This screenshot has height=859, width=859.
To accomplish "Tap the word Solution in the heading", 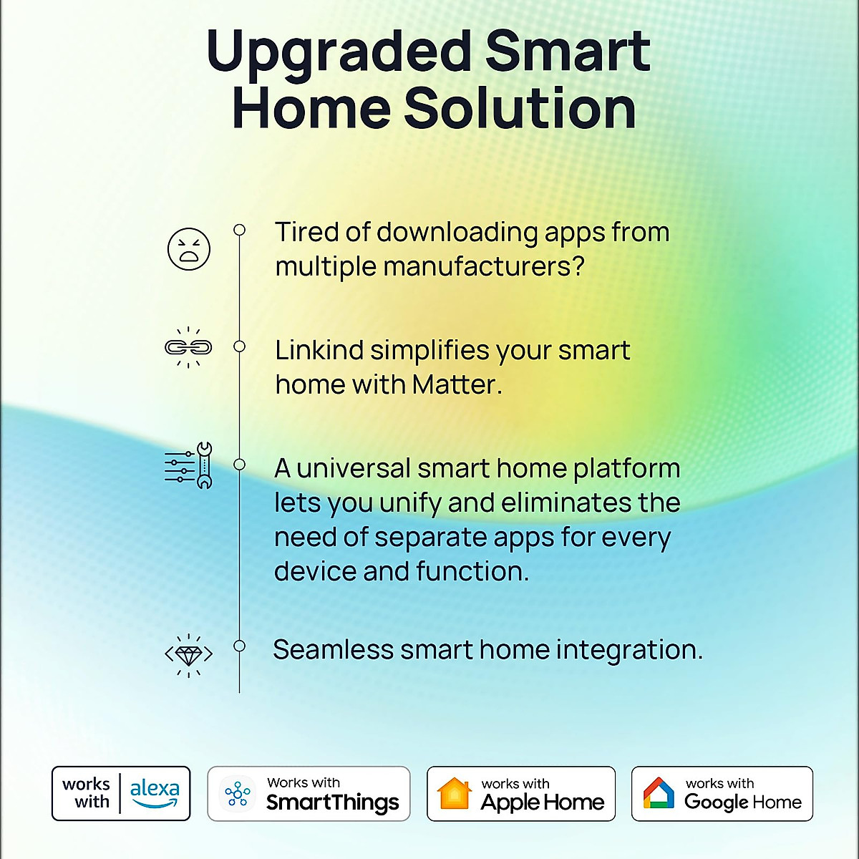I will [x=520, y=109].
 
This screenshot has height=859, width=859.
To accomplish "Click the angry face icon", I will [x=189, y=249].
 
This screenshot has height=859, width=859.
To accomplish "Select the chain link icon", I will [x=188, y=347].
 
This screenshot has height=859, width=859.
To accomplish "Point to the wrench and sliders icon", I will [x=189, y=465].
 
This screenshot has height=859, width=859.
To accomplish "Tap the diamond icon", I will [x=189, y=654].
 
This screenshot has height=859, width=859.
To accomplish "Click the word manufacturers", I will [x=484, y=267].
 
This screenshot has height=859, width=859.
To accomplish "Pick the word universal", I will [x=354, y=469].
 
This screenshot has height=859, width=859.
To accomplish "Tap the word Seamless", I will [x=334, y=650].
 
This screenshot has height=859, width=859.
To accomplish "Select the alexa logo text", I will [x=155, y=789].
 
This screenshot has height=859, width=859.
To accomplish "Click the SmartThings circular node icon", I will [x=238, y=794].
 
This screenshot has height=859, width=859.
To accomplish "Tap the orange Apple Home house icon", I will [x=455, y=794].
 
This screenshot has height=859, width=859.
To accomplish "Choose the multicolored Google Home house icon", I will [x=659, y=794].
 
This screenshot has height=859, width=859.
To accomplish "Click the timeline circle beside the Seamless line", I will [x=240, y=646].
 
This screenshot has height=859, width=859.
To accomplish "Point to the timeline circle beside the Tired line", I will [x=240, y=230].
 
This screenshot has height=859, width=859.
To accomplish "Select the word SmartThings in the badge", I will [x=333, y=802].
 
